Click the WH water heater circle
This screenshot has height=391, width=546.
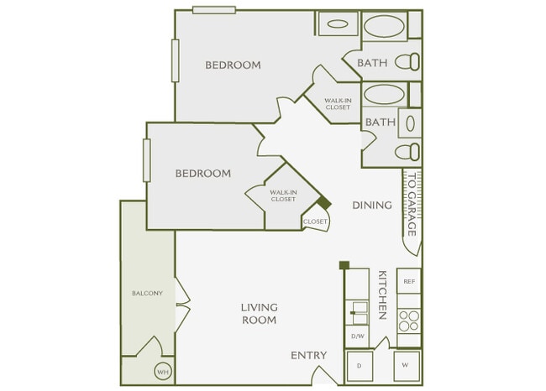coord(161,371)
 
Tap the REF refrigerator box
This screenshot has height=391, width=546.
coord(409,282)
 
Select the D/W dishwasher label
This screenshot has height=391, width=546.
coord(357,336)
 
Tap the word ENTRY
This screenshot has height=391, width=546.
coord(308,356)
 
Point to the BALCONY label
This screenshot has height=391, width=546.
coord(146,293)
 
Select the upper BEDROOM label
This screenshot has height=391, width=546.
coord(233,65)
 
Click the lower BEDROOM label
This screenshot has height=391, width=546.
coord(202,174)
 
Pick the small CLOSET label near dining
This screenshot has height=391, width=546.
coord(315,222)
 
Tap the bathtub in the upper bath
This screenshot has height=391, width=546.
coord(384,26)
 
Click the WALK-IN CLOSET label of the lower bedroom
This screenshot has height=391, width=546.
coord(282,195)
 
